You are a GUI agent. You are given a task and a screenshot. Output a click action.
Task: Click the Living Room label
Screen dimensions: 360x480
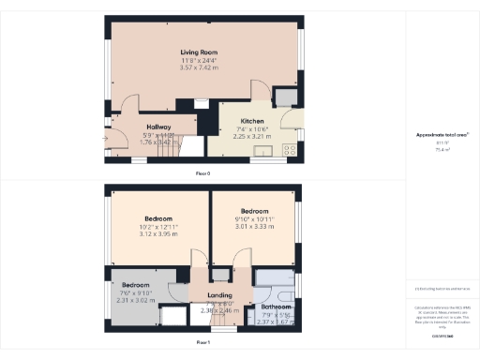point(200,52)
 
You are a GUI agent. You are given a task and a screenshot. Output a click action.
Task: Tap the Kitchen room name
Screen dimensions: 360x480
point(250,121)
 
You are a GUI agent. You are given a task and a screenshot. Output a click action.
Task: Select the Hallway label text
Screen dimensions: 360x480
point(158,127)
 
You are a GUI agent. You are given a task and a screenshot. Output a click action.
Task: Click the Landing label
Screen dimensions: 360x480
point(218,295)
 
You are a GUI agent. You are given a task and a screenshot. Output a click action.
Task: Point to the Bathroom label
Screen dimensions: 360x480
point(276,307)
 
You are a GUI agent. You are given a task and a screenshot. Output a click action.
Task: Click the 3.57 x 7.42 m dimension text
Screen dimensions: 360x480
point(200,68)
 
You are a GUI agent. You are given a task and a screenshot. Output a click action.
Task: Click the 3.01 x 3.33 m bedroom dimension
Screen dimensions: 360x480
point(255,226)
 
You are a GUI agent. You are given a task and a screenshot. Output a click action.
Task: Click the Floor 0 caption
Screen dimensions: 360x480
point(202,174)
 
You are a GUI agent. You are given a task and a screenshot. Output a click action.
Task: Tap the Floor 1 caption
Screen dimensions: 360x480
point(202,343)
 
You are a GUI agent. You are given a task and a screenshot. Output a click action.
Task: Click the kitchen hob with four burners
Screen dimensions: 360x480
point(290,148)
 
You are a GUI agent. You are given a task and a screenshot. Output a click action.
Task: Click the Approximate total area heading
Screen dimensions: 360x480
point(442,135)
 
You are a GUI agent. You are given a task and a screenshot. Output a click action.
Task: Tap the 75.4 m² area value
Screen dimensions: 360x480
point(442,148)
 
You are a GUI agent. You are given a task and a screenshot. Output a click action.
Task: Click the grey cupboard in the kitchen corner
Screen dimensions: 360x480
point(283,97)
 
